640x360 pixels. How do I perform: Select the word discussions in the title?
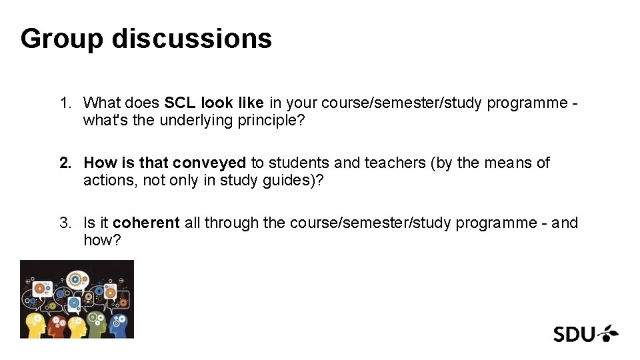pyautogui.click(x=192, y=39)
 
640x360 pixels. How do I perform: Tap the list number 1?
pyautogui.click(x=64, y=103)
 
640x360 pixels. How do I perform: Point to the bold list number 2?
pyautogui.click(x=64, y=163)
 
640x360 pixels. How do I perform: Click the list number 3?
pyautogui.click(x=64, y=223)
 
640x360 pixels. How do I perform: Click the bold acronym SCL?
pyautogui.click(x=180, y=103)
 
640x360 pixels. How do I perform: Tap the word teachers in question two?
pyautogui.click(x=404, y=163)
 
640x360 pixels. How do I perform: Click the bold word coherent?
pyautogui.click(x=146, y=223)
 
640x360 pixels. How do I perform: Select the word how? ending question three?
pyautogui.click(x=102, y=241)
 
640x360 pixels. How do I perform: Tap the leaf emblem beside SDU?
pyautogui.click(x=607, y=332)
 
